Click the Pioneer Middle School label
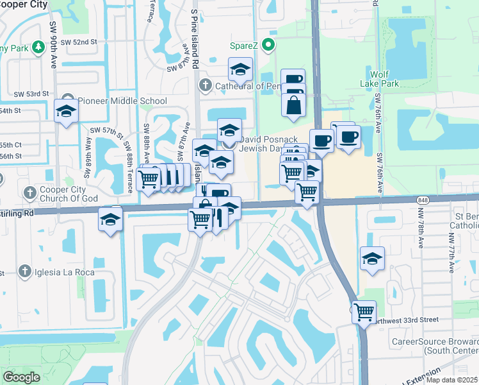pos(122,101)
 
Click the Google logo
pos(22,377)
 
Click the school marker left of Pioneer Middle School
pos(65,111)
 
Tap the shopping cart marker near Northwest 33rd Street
pos(364,312)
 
